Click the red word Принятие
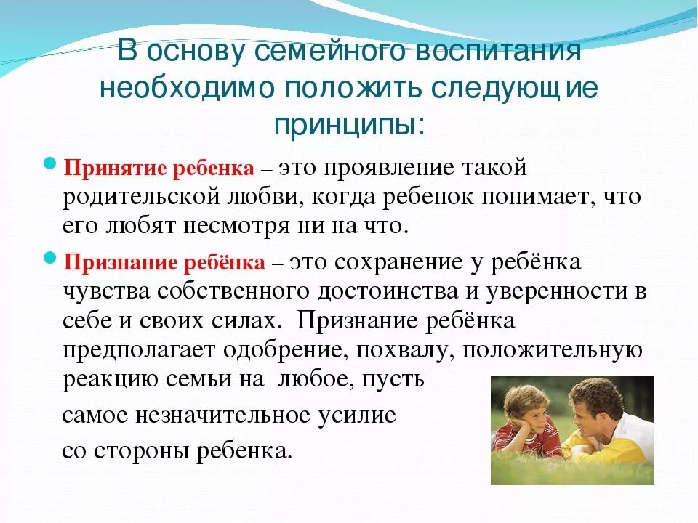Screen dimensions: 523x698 116,169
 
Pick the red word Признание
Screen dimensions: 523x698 119,262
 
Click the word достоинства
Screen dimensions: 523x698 394,291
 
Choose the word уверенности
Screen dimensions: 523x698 552,291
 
